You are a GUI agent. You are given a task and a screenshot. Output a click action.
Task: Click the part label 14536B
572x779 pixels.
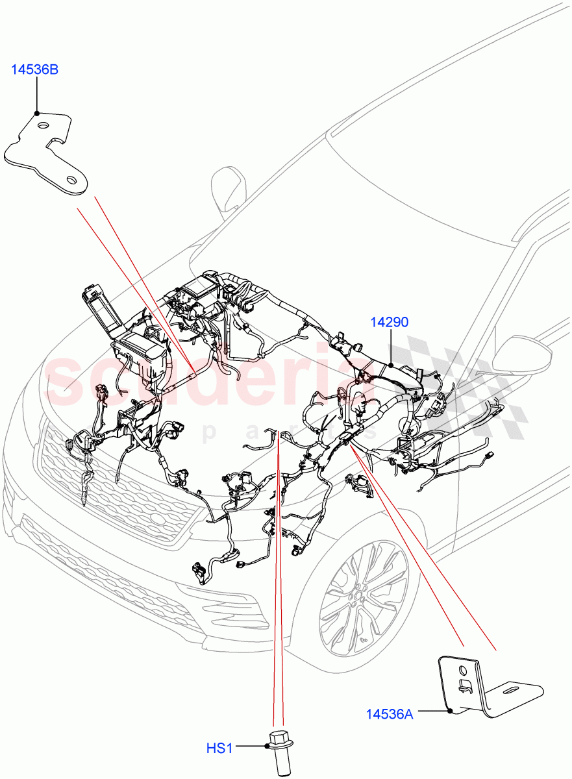coord(34,69)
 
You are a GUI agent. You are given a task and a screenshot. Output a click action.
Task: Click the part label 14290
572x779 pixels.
coord(390,322)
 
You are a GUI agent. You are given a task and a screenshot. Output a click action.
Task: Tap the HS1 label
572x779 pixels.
coord(219,748)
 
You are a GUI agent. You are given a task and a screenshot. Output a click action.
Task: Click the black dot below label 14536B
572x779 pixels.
coord(36,113)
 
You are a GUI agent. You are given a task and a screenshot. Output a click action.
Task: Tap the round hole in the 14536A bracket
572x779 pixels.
coord(462,667)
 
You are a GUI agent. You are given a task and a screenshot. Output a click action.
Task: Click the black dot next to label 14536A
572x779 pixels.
coord(450,712)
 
